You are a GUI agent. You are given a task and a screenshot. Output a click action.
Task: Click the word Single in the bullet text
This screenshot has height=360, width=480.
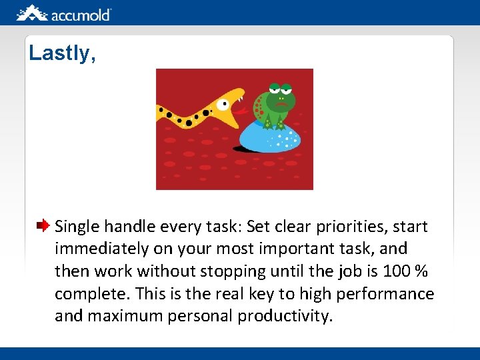(x=76, y=227)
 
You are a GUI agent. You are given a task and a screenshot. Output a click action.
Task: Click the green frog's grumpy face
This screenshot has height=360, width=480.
(x=281, y=100)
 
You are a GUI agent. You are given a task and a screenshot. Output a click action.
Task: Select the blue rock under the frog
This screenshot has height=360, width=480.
(x=271, y=137)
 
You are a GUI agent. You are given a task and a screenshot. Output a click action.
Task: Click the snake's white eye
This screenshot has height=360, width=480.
(x=222, y=104)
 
